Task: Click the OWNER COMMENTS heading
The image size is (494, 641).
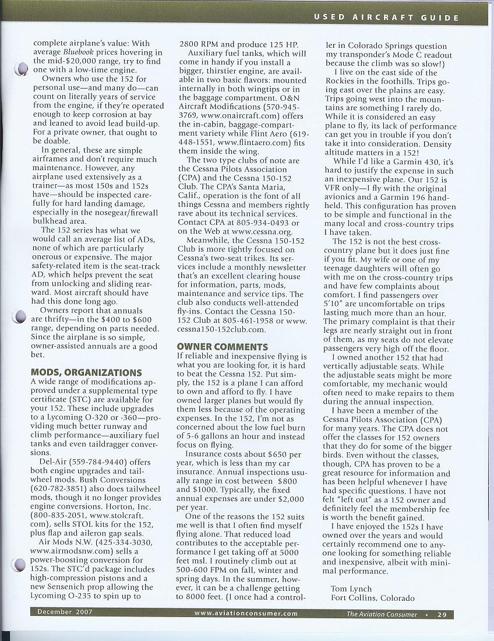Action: pyautogui.click(x=222, y=347)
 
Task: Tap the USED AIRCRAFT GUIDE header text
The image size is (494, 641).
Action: pyautogui.click(x=386, y=17)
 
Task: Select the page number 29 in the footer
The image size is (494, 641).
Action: pyautogui.click(x=444, y=614)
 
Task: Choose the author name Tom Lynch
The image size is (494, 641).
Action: pyautogui.click(x=351, y=589)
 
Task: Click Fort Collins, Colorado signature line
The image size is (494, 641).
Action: pyautogui.click(x=372, y=598)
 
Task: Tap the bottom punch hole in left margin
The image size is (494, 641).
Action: pyautogui.click(x=20, y=317)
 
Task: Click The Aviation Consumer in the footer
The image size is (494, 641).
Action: pyautogui.click(x=382, y=614)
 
